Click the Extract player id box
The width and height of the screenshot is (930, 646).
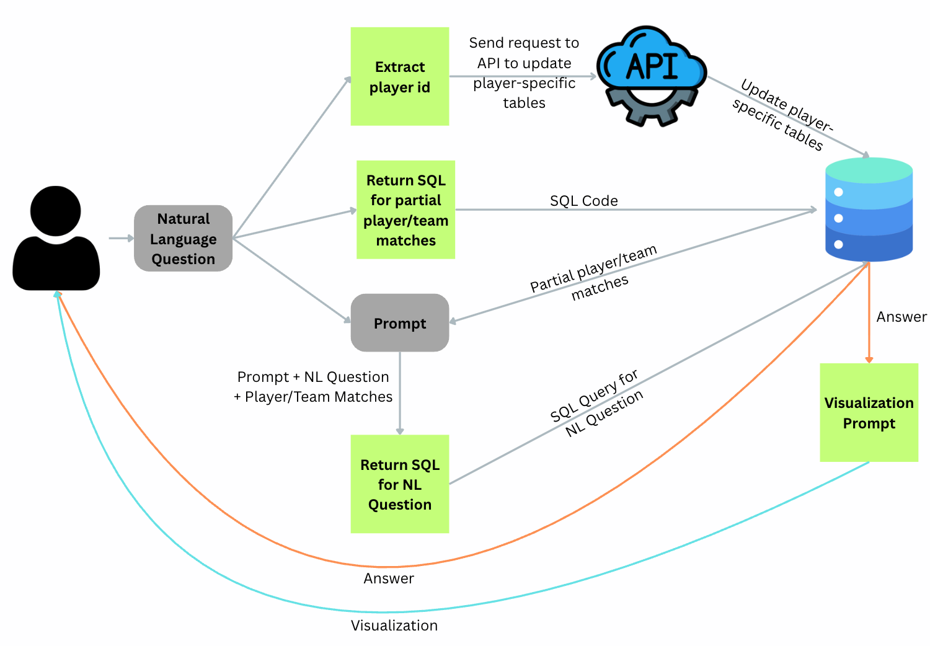[400, 76]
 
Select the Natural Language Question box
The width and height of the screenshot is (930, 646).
[183, 238]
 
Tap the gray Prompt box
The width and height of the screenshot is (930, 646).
[400, 323]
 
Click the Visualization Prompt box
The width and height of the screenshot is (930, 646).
[869, 412]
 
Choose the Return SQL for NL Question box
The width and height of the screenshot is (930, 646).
[400, 484]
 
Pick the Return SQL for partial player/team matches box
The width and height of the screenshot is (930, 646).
[405, 210]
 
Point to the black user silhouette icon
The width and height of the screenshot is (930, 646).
[56, 239]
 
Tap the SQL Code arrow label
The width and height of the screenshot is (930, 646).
[583, 200]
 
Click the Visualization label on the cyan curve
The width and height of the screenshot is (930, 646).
[394, 625]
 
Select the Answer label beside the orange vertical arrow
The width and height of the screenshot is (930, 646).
[901, 317]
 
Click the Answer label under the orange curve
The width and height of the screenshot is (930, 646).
[389, 578]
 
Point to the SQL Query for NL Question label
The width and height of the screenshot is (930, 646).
[596, 404]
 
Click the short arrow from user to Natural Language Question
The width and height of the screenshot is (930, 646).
[121, 237]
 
